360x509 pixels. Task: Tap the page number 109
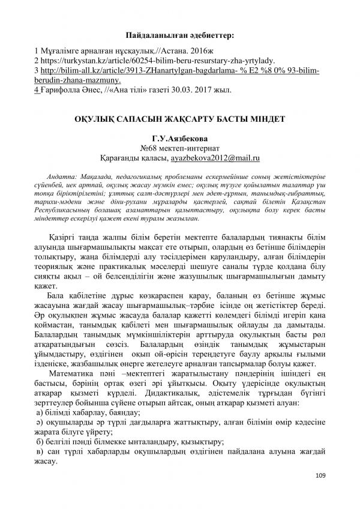pos(319,476)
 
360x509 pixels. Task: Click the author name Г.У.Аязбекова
pos(180,137)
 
